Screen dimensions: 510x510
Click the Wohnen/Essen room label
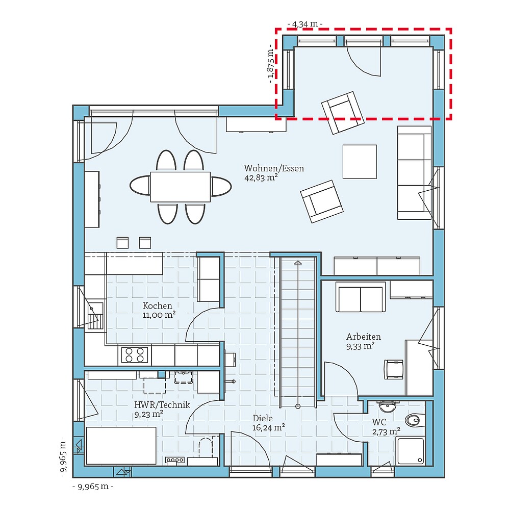(x=274, y=168)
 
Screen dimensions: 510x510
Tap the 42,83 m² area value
(x=261, y=178)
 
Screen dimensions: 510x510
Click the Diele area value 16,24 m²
(x=268, y=428)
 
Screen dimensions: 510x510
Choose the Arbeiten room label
(x=363, y=337)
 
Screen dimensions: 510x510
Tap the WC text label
(x=379, y=422)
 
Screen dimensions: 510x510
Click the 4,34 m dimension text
(x=305, y=24)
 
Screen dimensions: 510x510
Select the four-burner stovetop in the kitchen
(x=134, y=354)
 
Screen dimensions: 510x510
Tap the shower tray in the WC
(x=411, y=451)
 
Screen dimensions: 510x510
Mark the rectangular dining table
(x=180, y=187)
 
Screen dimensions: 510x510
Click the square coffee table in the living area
(x=360, y=162)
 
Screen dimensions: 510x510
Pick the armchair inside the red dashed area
(x=342, y=113)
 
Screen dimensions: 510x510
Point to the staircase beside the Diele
(x=297, y=326)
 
